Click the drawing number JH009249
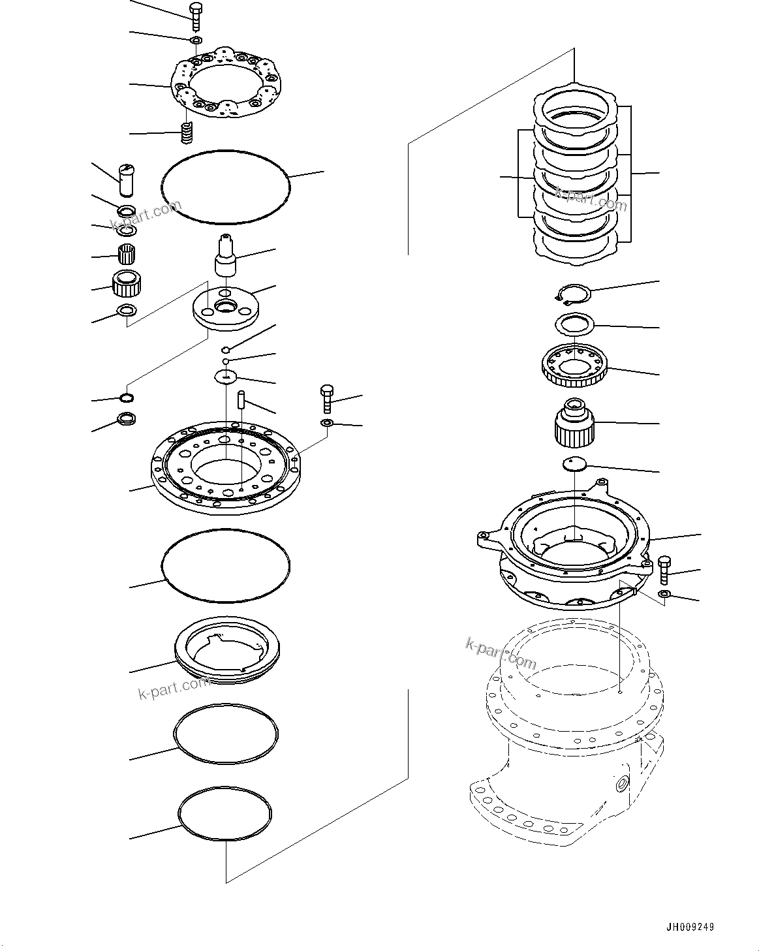(x=690, y=926)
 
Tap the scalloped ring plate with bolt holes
(x=225, y=84)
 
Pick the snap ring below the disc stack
(x=572, y=294)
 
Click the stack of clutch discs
(x=576, y=176)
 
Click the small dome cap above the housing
(x=574, y=464)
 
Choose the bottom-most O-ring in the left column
(x=225, y=814)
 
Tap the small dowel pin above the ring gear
(x=241, y=399)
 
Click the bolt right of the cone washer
(x=327, y=398)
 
